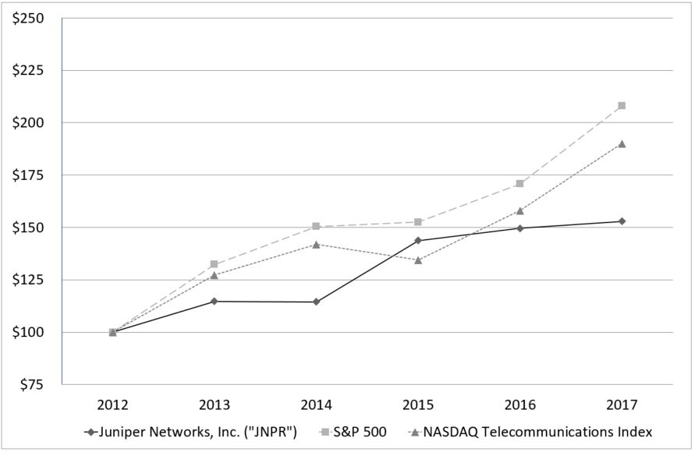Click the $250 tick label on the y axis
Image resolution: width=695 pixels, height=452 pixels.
(27, 18)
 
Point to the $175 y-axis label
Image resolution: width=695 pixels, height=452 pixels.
(27, 175)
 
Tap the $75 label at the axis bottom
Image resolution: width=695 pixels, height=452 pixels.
(31, 385)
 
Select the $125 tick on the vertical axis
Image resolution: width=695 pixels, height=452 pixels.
(27, 280)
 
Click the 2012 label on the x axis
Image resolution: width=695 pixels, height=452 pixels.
(112, 405)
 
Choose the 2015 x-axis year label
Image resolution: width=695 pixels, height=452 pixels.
(418, 405)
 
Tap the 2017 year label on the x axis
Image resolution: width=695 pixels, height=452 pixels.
(622, 405)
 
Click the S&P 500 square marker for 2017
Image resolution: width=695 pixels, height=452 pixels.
(622, 105)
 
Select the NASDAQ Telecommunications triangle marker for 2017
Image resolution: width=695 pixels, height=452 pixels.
(622, 143)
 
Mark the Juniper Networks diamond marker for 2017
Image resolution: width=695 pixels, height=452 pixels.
(622, 221)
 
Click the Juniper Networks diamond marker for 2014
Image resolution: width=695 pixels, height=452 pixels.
(316, 302)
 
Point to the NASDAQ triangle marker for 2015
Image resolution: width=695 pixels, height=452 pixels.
(418, 260)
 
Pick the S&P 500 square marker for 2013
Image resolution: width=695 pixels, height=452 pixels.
(215, 264)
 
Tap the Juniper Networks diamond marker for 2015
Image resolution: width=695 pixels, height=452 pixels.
(418, 240)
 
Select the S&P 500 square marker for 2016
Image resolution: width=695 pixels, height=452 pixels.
(520, 183)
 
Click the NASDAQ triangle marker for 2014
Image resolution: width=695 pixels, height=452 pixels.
(316, 244)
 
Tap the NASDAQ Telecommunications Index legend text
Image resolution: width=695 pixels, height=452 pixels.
(537, 431)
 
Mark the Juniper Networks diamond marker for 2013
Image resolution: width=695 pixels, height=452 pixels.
(215, 301)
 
